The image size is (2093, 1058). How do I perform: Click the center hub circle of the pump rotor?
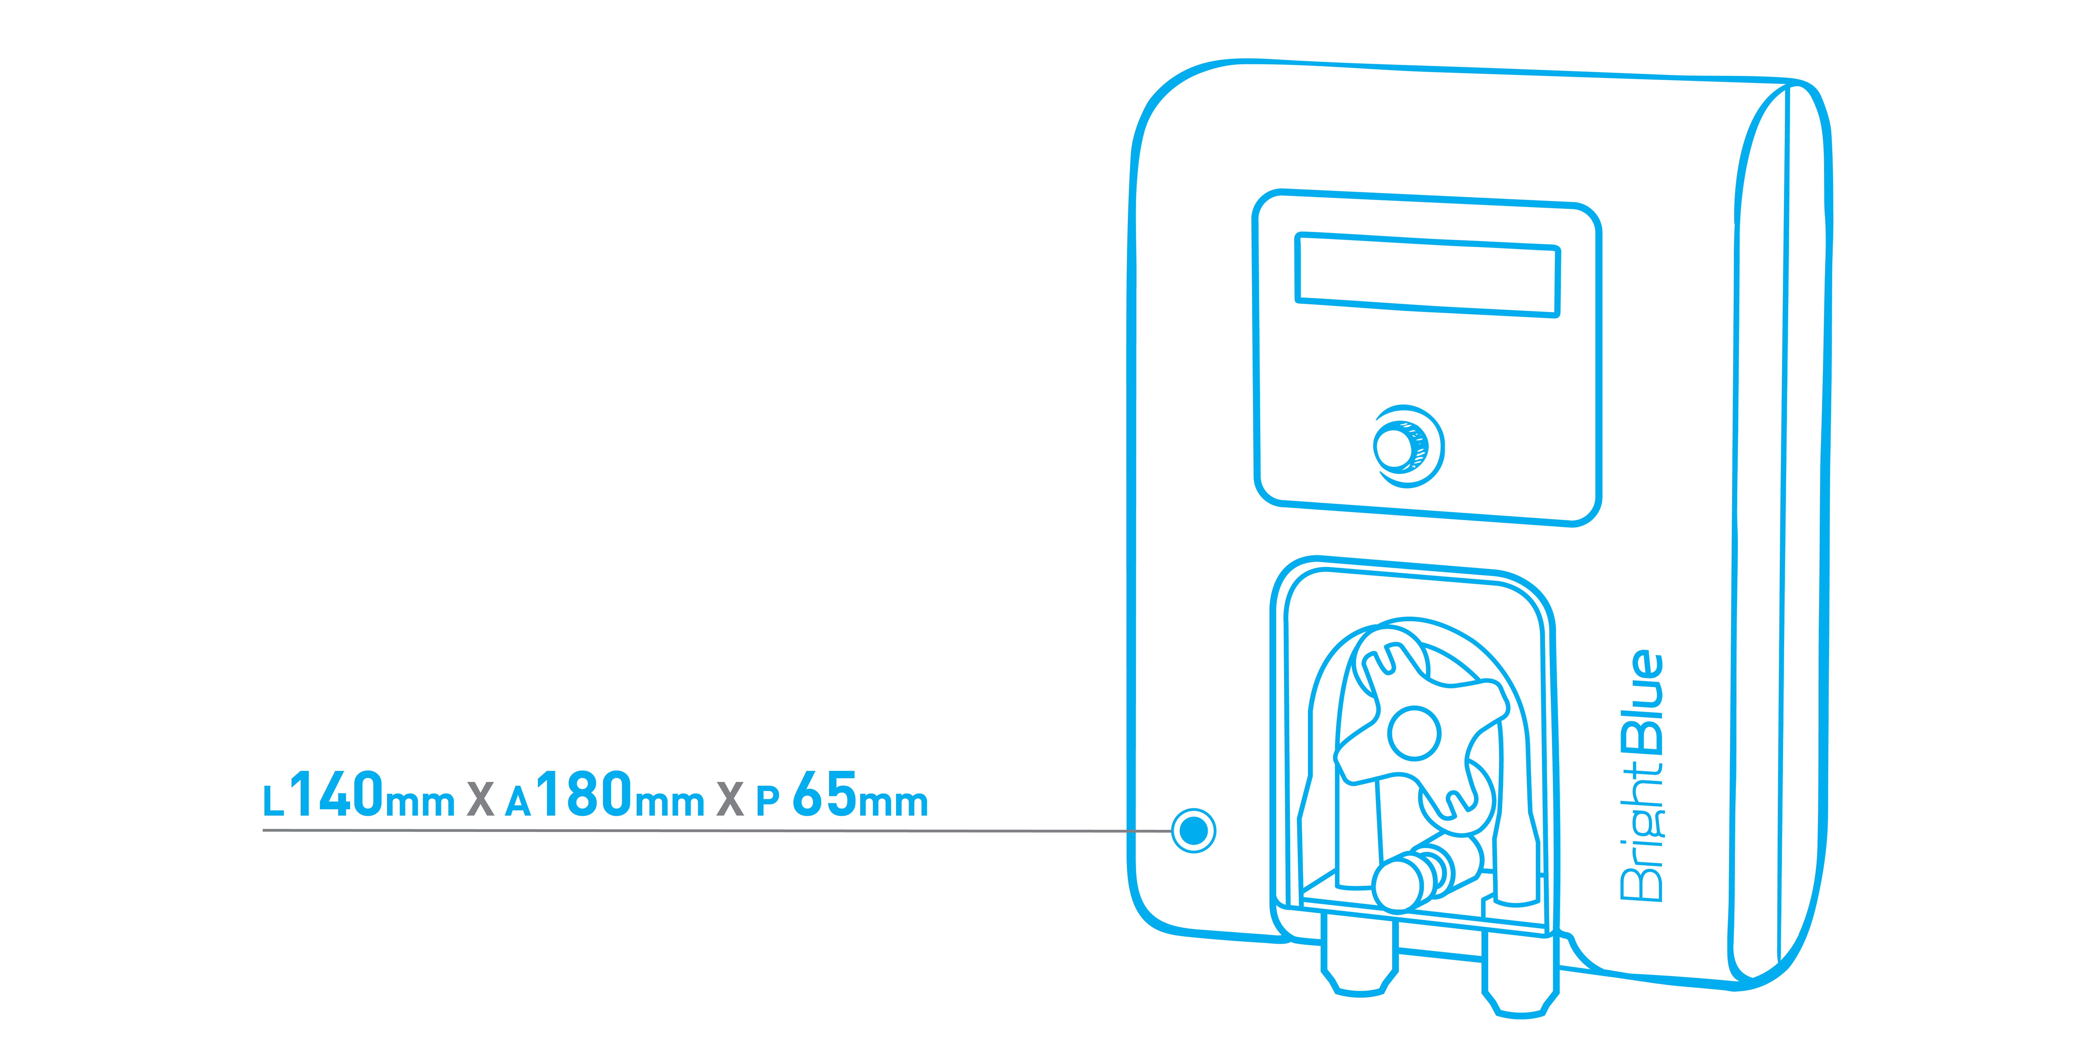pos(1415,733)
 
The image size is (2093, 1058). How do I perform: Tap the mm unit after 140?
pos(419,802)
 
